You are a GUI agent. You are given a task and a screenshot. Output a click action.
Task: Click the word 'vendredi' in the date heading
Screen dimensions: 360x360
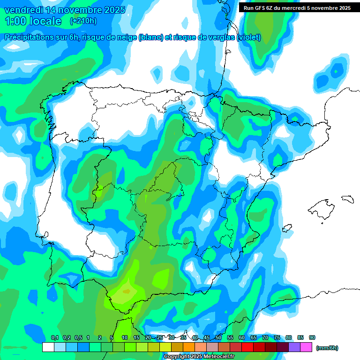[24, 10]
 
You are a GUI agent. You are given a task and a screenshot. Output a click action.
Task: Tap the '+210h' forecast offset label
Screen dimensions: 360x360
[83, 21]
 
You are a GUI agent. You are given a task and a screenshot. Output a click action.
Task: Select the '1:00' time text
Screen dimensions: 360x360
[15, 21]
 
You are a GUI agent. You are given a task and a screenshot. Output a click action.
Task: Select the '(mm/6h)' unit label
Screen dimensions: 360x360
[327, 348]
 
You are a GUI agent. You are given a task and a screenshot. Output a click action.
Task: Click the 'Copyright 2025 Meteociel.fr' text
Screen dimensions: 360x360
[193, 357]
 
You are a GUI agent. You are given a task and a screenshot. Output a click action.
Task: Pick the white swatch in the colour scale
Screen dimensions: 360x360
[48, 347]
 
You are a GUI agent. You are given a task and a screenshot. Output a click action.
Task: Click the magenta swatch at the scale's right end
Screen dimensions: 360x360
[306, 347]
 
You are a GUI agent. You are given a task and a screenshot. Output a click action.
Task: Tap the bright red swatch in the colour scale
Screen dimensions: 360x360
[247, 347]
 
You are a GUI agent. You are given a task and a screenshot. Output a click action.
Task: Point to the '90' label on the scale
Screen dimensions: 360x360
[312, 338]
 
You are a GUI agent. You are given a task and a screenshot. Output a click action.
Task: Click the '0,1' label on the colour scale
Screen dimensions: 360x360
[55, 338]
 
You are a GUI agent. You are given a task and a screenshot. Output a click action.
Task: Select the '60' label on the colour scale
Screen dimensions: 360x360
[242, 338]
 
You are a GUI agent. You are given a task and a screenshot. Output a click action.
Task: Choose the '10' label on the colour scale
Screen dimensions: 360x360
[125, 338]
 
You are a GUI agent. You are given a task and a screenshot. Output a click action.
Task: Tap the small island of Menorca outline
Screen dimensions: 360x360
[347, 199]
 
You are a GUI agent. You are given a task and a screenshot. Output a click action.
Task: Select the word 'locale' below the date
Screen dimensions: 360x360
[45, 21]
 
